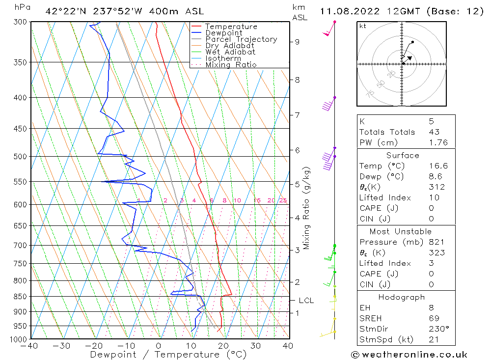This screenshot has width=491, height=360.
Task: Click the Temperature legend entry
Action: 231,27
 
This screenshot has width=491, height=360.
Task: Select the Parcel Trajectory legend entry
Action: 241,39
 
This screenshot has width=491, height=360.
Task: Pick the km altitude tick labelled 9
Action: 297,42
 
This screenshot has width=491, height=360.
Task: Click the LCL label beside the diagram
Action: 306,301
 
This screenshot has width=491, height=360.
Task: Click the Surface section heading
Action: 403,155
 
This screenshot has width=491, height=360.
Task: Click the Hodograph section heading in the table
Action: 402,297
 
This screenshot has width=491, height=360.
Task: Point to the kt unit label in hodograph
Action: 363,26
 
